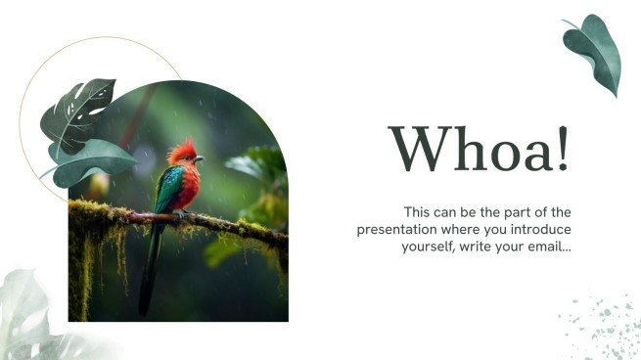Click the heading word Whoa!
[479, 151]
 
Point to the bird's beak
[199, 157]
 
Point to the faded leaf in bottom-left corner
[29, 318]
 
